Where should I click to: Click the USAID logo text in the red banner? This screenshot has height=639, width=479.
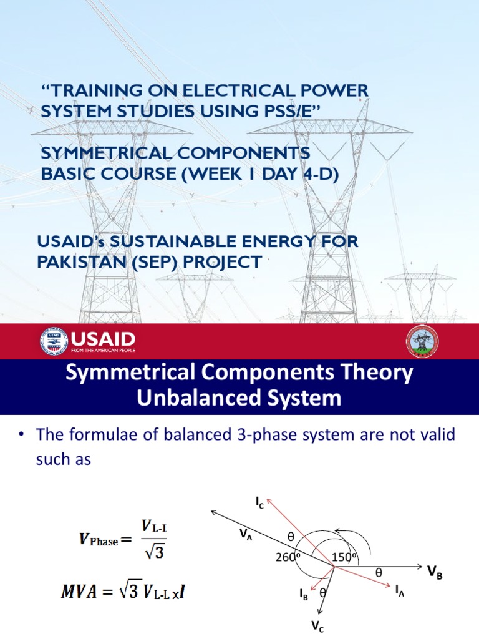click(x=104, y=339)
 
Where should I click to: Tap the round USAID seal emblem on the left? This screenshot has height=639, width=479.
click(x=54, y=341)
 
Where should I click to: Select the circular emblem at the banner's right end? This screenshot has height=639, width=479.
click(x=422, y=341)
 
